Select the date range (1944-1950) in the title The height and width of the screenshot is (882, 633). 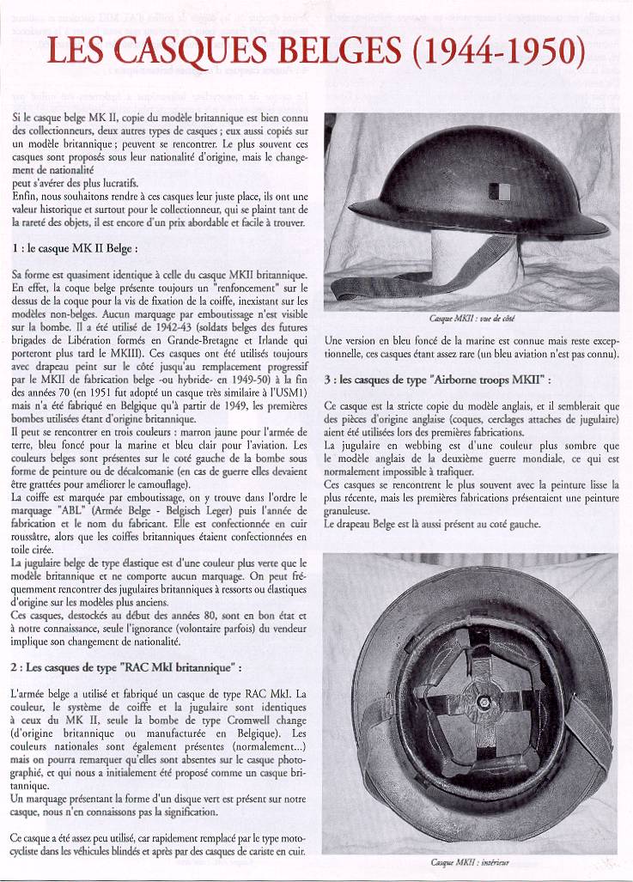499,53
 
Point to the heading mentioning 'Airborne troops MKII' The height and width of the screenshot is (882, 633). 438,379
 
